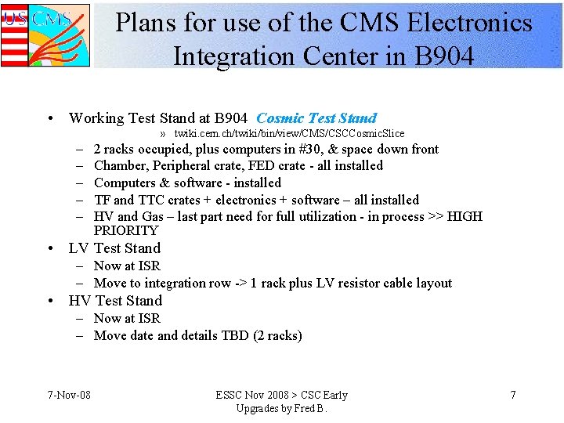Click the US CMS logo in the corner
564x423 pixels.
point(45,34)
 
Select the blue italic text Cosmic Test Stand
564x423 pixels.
point(316,118)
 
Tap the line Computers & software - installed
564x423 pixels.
point(187,183)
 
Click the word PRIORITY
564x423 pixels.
point(126,230)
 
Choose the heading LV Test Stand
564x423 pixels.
point(114,248)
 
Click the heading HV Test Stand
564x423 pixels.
point(115,301)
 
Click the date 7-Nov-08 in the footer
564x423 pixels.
point(68,395)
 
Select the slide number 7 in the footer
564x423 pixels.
point(513,395)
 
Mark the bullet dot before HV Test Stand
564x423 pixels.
point(50,302)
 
